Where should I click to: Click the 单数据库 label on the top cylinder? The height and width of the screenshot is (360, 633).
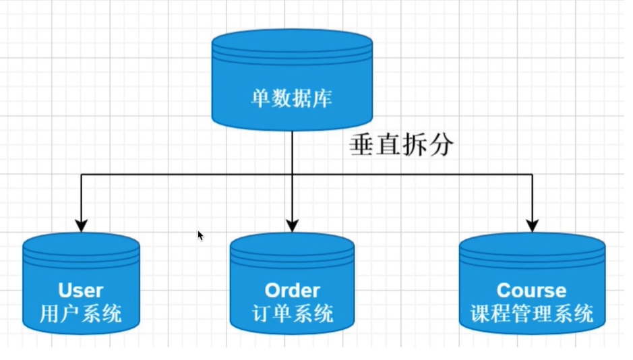[292, 100]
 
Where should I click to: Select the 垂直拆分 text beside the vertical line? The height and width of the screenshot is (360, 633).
[402, 146]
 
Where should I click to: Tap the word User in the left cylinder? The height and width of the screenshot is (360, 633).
[81, 291]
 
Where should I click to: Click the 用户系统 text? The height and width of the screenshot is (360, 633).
[81, 313]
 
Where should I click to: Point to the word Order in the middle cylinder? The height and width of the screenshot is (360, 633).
[292, 291]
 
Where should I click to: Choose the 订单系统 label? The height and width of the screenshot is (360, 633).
[293, 313]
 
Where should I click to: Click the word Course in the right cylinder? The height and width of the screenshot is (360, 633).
[532, 291]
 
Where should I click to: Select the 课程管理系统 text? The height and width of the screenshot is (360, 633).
[532, 313]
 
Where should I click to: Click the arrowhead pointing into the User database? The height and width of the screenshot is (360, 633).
[82, 225]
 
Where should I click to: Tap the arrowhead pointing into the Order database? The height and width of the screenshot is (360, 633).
[292, 225]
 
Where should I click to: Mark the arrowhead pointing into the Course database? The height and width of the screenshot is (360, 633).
[533, 225]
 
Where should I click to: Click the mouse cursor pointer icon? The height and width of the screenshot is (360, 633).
[200, 235]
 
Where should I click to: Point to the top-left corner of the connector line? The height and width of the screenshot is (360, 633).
[82, 175]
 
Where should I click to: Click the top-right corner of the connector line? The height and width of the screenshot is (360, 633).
[533, 175]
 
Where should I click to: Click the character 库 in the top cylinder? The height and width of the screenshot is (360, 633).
[323, 100]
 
